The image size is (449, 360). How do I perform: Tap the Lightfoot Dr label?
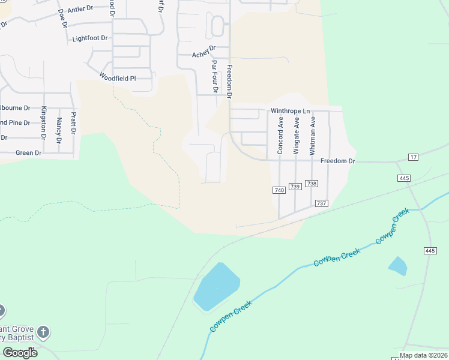click(x=89, y=38)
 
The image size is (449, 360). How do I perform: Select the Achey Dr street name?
click(x=203, y=55)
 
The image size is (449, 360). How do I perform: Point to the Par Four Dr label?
click(x=214, y=76)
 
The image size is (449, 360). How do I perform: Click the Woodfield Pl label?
click(x=118, y=78)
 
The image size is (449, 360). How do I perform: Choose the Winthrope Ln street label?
click(x=290, y=111)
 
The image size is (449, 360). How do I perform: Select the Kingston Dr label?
click(x=44, y=122)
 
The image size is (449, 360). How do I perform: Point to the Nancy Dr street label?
click(x=59, y=130)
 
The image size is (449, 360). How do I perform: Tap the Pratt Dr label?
click(x=74, y=123)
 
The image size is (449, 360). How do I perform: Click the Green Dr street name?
click(x=28, y=153)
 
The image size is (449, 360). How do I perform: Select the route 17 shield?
click(x=413, y=157)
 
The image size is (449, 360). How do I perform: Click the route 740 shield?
click(x=279, y=190)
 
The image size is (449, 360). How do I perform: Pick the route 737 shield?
click(x=321, y=203)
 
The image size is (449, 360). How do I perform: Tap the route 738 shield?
click(x=311, y=183)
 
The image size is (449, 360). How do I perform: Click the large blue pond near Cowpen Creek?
click(x=216, y=287)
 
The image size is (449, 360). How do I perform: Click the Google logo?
click(x=20, y=352)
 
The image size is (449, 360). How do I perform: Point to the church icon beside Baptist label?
click(x=43, y=332)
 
